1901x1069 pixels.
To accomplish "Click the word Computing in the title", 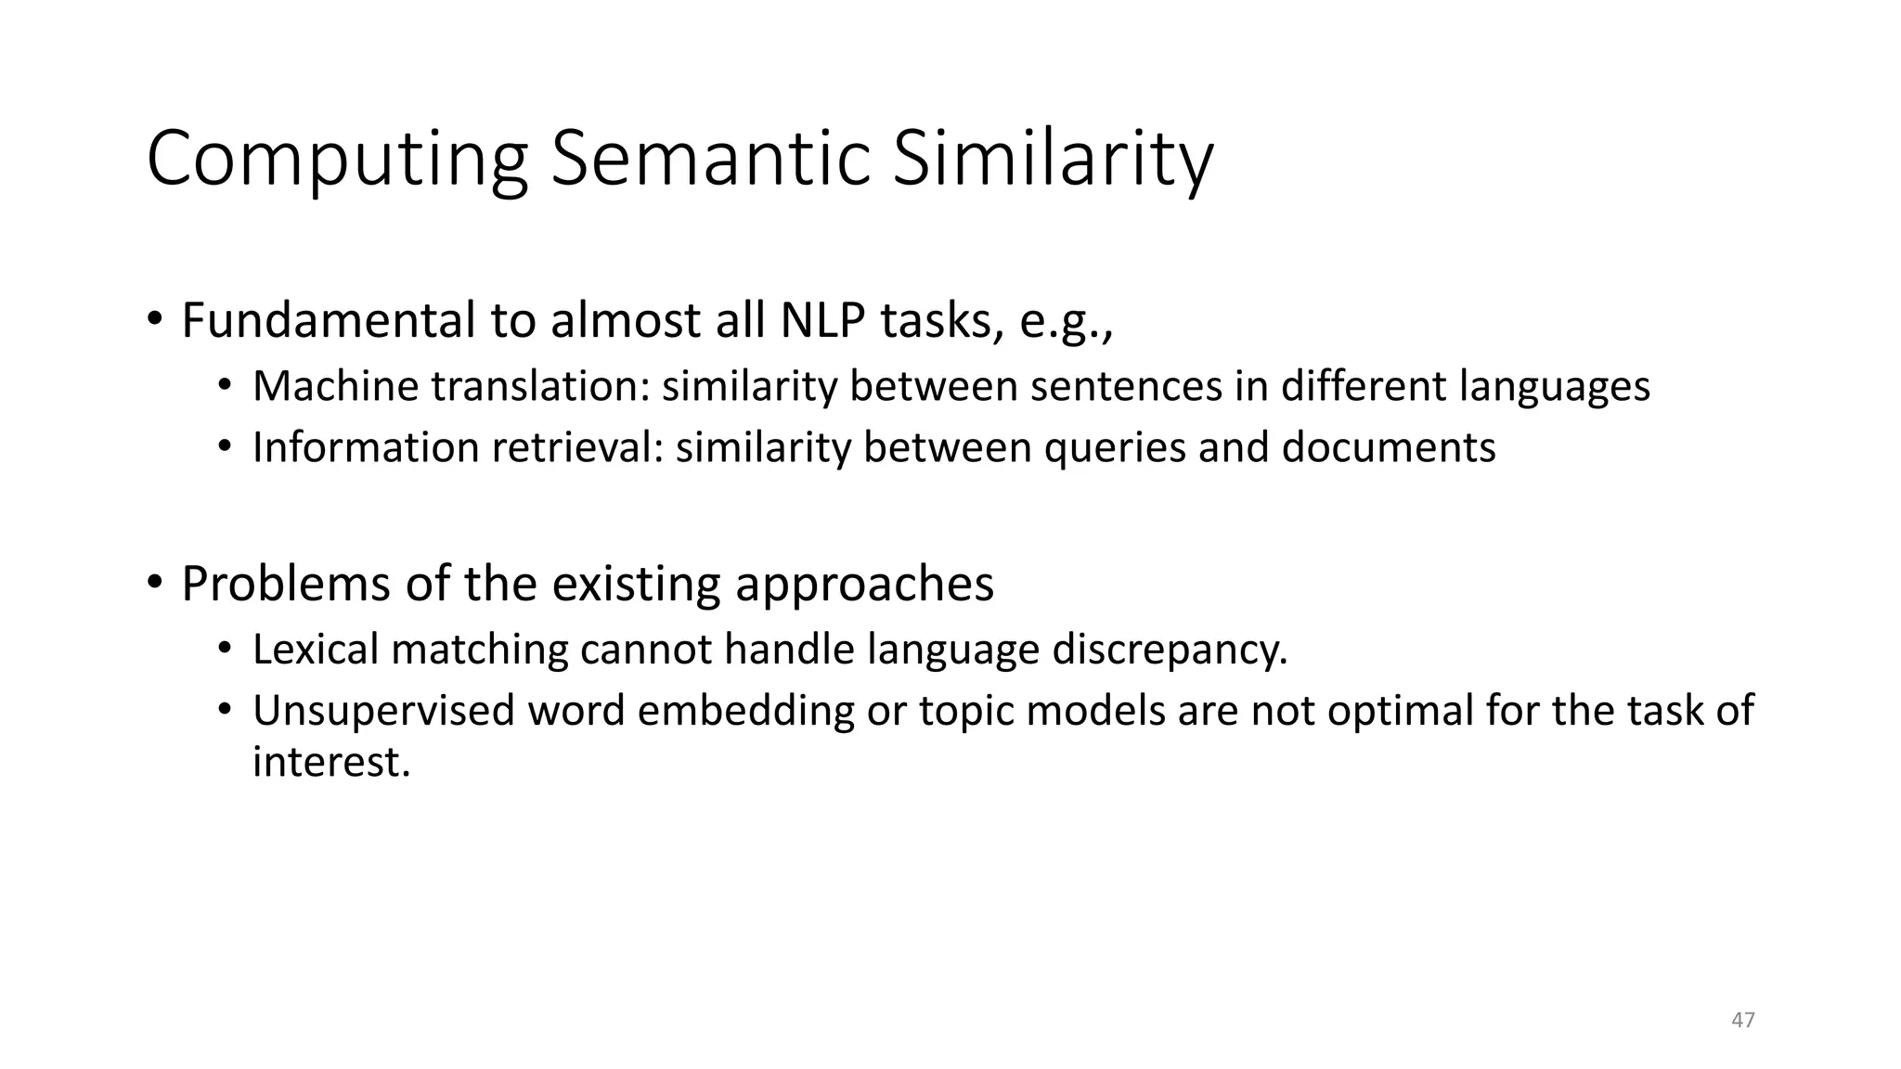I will point(337,160).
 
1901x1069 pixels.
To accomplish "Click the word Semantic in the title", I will point(710,160).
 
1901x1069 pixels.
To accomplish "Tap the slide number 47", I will point(1743,1020).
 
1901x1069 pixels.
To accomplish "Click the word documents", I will point(1389,447).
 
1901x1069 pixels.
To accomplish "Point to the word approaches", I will point(864,584).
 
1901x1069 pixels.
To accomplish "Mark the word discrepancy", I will point(1170,649).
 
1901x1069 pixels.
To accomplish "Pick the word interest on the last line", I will point(330,762).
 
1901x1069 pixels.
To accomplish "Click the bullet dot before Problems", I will point(154,584).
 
